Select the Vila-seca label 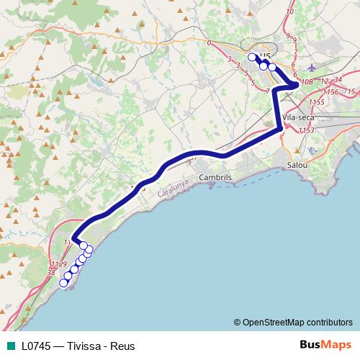pyautogui.click(x=298, y=116)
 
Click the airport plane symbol pyautogui.click(x=310, y=68)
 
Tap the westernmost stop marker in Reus pyautogui.click(x=252, y=57)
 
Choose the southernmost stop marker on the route pyautogui.click(x=63, y=283)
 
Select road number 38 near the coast pyautogui.click(x=50, y=273)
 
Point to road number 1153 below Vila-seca pyautogui.click(x=307, y=130)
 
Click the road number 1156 pyautogui.click(x=331, y=92)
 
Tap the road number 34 pyautogui.click(x=338, y=80)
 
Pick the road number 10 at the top pyautogui.click(x=290, y=12)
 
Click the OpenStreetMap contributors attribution pyautogui.click(x=293, y=322)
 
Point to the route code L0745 pyautogui.click(x=38, y=346)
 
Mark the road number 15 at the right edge pyautogui.click(x=351, y=92)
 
